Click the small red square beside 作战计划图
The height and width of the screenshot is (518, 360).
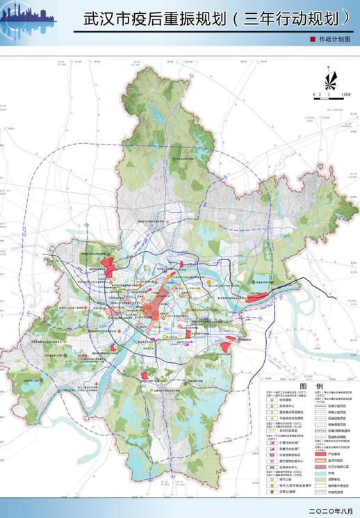tap(312, 41)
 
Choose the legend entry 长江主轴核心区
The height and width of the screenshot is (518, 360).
tap(336, 467)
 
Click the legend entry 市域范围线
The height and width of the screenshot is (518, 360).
tap(336, 492)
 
